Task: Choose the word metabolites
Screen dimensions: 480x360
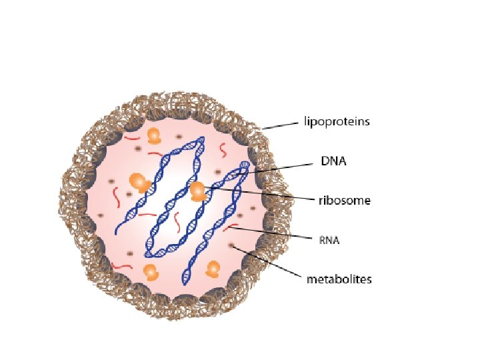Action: [339, 279]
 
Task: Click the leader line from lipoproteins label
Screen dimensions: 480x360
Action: [280, 125]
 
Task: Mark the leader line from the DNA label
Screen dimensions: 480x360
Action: [280, 167]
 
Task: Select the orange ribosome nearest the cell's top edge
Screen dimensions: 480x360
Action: [154, 136]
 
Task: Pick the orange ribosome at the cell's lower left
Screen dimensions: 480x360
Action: [151, 273]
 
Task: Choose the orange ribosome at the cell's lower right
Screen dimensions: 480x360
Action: [213, 269]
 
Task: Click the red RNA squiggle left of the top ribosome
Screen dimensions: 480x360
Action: [131, 139]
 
